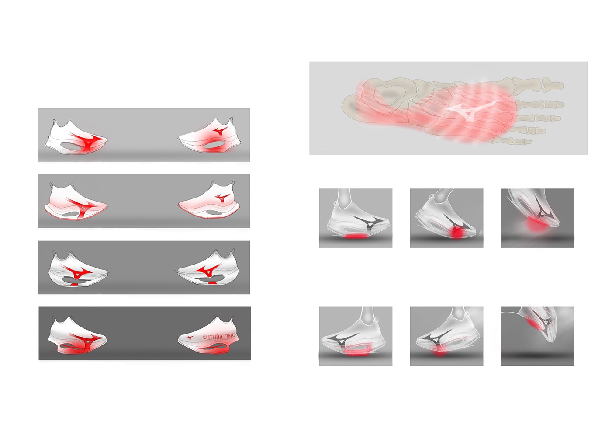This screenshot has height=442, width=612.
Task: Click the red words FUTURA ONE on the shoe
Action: (218, 337)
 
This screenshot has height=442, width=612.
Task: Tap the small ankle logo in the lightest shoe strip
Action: (220, 131)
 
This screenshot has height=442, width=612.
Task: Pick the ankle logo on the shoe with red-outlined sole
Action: (222, 197)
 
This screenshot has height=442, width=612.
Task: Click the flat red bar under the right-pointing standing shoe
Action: (356, 237)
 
